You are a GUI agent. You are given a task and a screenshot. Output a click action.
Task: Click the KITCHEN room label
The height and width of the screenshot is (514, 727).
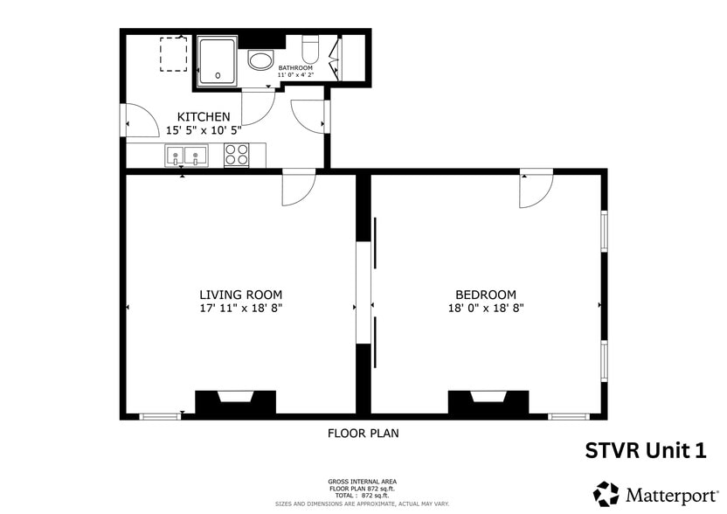click(x=204, y=116)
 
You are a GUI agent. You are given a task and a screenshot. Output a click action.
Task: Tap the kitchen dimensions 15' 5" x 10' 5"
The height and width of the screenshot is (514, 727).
click(x=204, y=130)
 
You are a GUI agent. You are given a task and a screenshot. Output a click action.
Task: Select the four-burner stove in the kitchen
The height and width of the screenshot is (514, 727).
click(x=236, y=155)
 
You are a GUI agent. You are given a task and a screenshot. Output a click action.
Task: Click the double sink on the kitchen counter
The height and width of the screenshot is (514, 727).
click(x=187, y=156)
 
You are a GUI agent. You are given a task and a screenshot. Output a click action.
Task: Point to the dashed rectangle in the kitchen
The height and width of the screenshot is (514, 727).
click(x=174, y=55)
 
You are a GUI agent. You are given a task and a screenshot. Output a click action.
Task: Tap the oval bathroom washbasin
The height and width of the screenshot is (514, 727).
click(x=260, y=60)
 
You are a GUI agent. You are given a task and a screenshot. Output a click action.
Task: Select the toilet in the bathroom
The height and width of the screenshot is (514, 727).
click(x=310, y=47)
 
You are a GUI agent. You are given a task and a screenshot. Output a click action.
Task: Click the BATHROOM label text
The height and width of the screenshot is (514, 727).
click(x=295, y=67)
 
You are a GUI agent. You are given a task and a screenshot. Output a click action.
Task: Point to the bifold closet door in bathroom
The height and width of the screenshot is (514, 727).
click(x=333, y=58)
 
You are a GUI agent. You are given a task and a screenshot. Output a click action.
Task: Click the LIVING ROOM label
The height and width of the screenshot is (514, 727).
click(x=240, y=295)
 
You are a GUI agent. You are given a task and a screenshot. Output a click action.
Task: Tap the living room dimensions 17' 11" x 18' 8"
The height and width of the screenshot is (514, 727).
click(x=240, y=308)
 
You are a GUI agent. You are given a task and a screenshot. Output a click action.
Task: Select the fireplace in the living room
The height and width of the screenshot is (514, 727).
click(x=235, y=401)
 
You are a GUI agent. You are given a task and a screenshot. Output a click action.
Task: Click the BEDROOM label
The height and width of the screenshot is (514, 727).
click(x=485, y=295)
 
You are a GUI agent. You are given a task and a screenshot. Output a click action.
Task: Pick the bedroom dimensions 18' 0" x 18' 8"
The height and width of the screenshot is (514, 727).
click(x=485, y=308)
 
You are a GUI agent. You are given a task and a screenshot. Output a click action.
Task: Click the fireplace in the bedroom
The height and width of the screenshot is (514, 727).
click(x=488, y=401)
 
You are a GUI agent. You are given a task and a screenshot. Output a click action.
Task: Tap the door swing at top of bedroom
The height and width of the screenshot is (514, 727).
click(x=535, y=188)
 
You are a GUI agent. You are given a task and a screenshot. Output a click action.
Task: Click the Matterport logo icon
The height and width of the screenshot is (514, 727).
click(x=606, y=493)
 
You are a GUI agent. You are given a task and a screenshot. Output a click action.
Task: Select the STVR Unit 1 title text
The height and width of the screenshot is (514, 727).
click(x=644, y=450)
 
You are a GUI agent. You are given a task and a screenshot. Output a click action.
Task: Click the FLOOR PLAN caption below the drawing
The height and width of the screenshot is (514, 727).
click(x=363, y=433)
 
